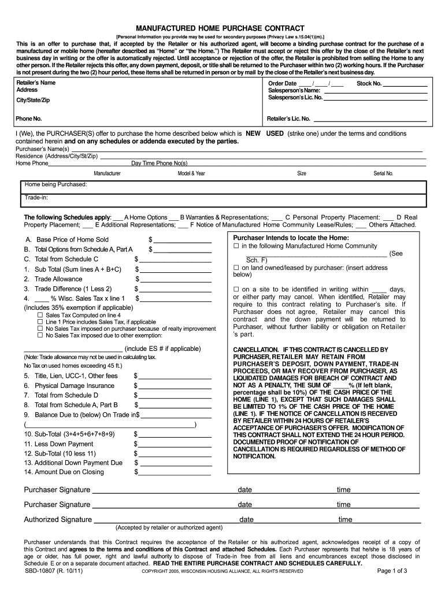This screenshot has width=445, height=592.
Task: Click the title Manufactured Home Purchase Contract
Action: (223, 28)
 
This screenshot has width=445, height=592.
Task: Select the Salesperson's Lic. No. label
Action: (295, 98)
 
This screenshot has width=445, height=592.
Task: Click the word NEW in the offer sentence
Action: (254, 134)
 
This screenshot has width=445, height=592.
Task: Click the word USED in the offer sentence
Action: (275, 134)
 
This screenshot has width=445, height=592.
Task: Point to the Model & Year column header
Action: (191, 173)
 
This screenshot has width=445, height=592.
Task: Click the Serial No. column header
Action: (383, 173)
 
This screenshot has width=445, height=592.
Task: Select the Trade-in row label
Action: (36, 198)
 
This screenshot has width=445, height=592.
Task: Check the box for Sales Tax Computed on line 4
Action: (40, 315)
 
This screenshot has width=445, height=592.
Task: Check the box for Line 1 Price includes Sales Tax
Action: (40, 322)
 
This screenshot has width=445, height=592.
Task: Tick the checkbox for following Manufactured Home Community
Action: (236, 246)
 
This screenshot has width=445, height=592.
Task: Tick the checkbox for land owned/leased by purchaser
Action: (236, 268)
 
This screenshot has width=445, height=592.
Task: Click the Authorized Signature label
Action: (58, 519)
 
